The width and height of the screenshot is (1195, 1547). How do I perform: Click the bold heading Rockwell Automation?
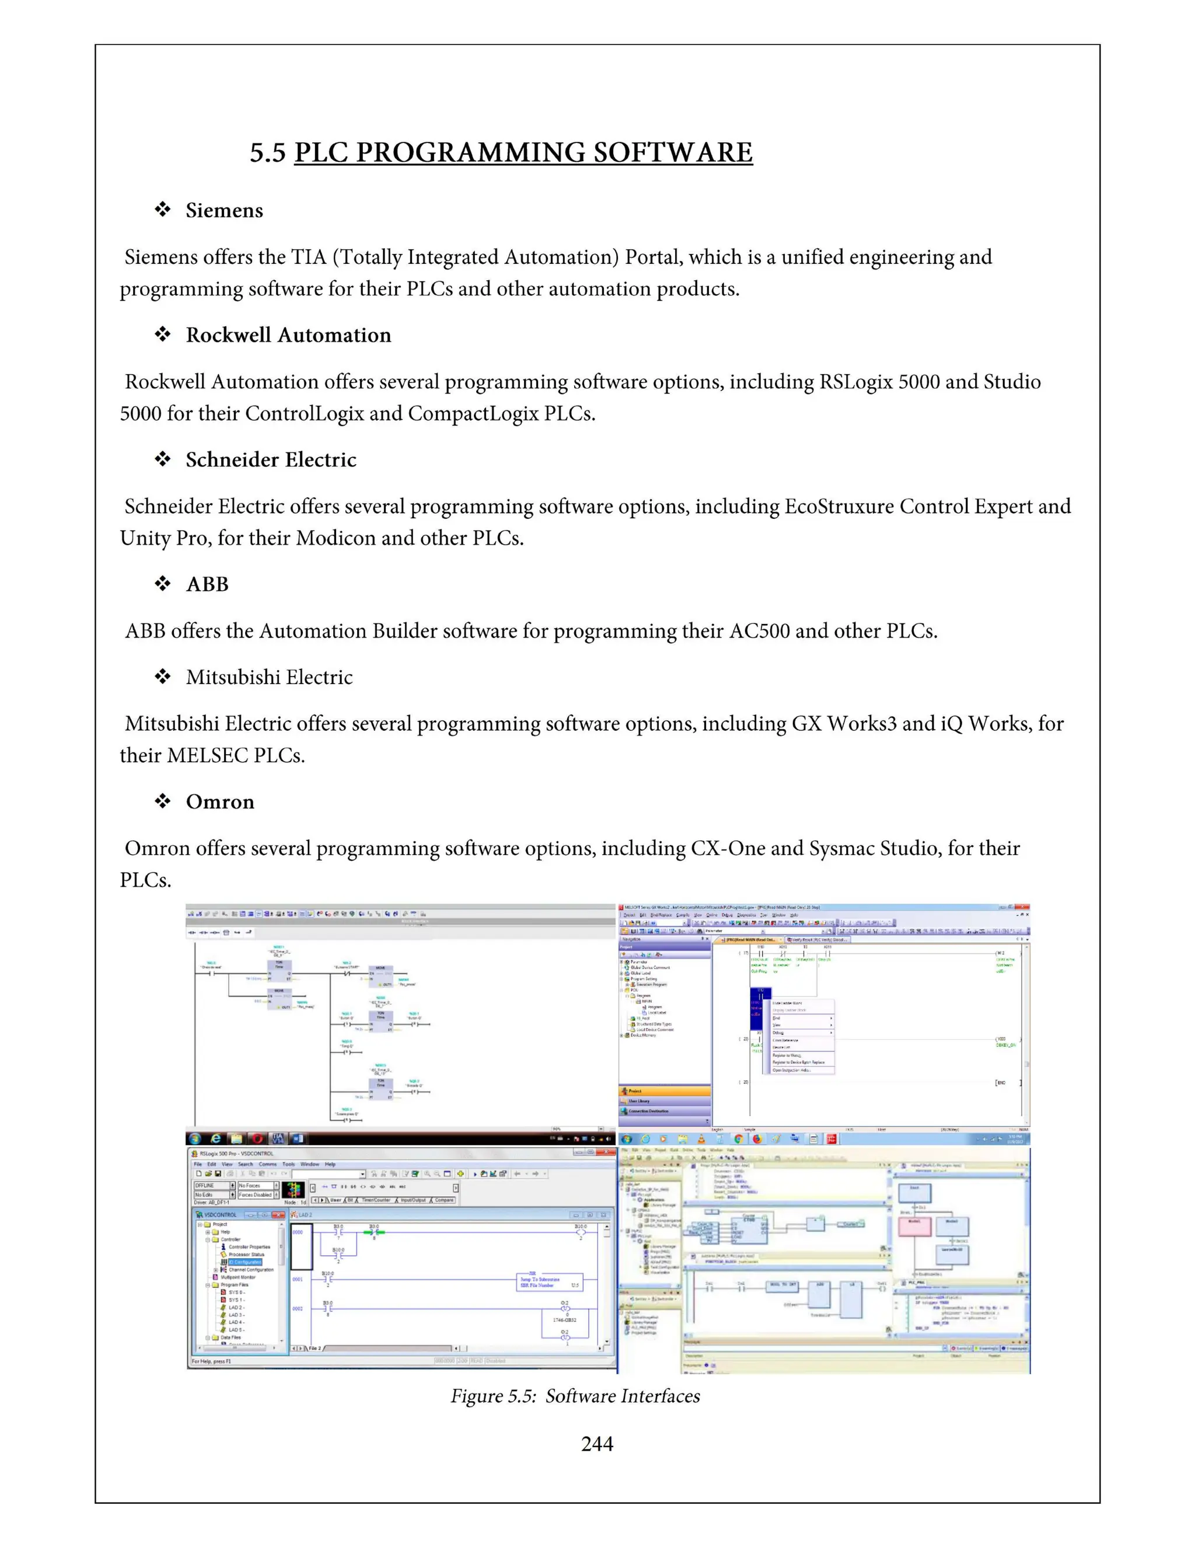coord(288,335)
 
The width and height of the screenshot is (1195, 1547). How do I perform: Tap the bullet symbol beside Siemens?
coord(163,210)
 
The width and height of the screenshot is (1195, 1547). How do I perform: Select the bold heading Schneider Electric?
coord(271,459)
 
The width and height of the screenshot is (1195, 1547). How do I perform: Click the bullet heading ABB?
coord(207,584)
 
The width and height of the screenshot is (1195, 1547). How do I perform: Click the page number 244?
coord(597,1444)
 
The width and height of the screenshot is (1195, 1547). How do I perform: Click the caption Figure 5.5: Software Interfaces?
coord(575,1396)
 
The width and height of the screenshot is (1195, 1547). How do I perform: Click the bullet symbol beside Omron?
coord(163,801)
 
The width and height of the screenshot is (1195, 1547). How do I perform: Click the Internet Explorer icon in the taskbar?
coord(216,1138)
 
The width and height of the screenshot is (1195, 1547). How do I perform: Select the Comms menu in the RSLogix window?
coord(268,1164)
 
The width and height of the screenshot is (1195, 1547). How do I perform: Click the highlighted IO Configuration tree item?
coord(244,1262)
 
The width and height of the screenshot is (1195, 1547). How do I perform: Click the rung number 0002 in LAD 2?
coord(298,1308)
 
